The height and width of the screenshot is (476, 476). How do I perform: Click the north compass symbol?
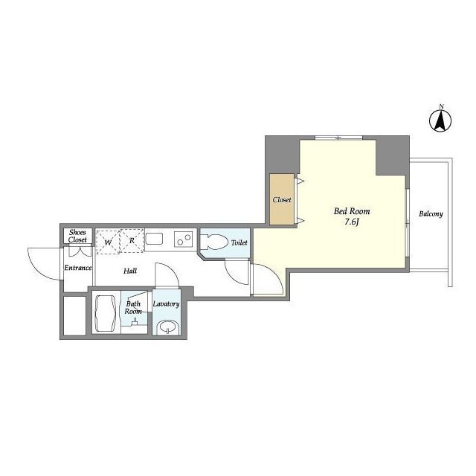(440, 120)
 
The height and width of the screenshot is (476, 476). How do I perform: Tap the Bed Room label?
(352, 211)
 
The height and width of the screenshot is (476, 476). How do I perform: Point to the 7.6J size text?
(352, 222)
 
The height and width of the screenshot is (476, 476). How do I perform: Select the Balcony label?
(431, 213)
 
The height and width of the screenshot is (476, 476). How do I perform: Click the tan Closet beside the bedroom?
(282, 199)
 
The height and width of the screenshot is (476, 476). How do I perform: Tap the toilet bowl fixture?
(214, 242)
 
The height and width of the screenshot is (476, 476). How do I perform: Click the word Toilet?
(239, 242)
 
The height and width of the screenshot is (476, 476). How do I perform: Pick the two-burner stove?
(184, 239)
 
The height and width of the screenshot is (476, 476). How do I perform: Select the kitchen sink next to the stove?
(155, 239)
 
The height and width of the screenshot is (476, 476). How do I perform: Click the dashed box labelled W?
(108, 241)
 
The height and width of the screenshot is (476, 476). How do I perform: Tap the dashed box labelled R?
(132, 241)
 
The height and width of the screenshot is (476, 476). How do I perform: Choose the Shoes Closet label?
(77, 236)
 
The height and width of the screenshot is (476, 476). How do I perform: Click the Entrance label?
(77, 268)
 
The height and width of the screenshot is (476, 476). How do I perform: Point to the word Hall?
(130, 271)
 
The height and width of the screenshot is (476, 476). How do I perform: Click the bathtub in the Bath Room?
(106, 313)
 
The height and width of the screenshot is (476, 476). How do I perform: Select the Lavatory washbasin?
(167, 327)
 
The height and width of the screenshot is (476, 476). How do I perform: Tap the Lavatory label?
(166, 303)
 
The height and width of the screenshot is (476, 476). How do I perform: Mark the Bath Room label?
(133, 307)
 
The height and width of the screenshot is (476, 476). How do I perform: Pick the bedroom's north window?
(339, 138)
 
